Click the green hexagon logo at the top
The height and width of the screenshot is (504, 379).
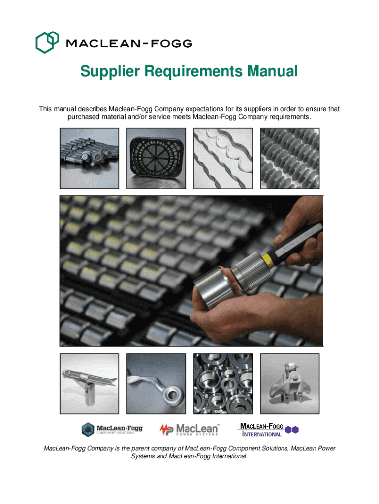coord(47,42)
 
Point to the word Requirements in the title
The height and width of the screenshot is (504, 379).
coord(193,71)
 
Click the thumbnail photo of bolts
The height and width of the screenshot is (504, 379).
coord(90,158)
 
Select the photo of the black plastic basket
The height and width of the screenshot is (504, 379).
coord(156,158)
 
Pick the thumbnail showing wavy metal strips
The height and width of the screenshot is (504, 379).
coord(223,158)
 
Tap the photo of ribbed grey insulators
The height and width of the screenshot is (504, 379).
coord(290,158)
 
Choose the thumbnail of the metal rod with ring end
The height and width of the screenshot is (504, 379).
coord(156,384)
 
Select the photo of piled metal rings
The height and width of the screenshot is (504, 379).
coord(223,384)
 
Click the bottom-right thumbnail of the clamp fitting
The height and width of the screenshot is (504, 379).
coord(290,384)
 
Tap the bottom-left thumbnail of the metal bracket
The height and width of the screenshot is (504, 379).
coord(90,384)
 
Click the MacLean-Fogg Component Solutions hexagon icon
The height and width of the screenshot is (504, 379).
coord(88,429)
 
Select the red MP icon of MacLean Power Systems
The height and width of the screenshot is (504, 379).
coord(166,430)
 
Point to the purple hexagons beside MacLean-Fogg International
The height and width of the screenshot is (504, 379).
coord(292,430)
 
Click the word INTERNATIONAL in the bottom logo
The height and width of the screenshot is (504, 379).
coord(262,434)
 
